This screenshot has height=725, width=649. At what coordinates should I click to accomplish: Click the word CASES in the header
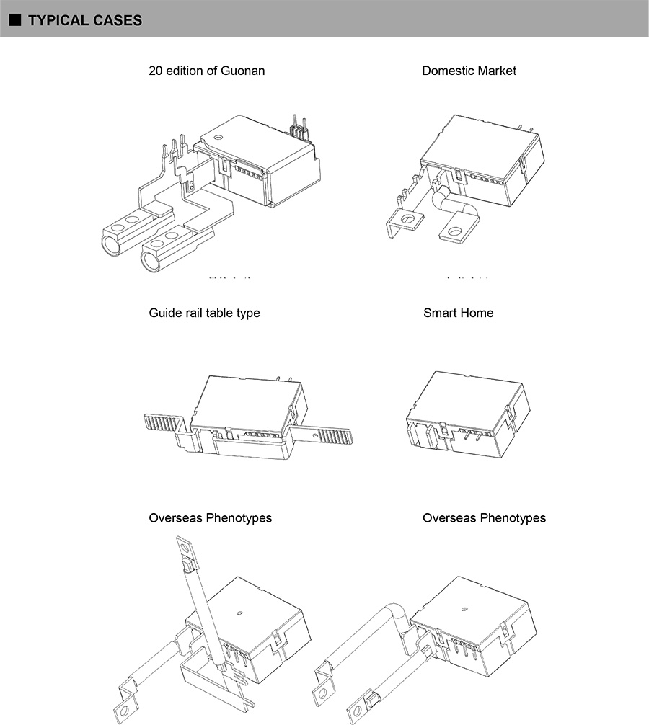118,20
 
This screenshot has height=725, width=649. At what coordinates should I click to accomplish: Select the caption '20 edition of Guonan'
206,71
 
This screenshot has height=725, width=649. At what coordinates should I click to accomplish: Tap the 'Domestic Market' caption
469,71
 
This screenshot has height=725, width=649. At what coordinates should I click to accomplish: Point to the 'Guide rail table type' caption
204,313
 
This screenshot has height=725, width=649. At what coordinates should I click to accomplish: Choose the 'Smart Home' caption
459,313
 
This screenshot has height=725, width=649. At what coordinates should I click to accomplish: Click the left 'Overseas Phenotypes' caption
210,518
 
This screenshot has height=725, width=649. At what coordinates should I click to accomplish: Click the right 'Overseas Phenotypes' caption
484,518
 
